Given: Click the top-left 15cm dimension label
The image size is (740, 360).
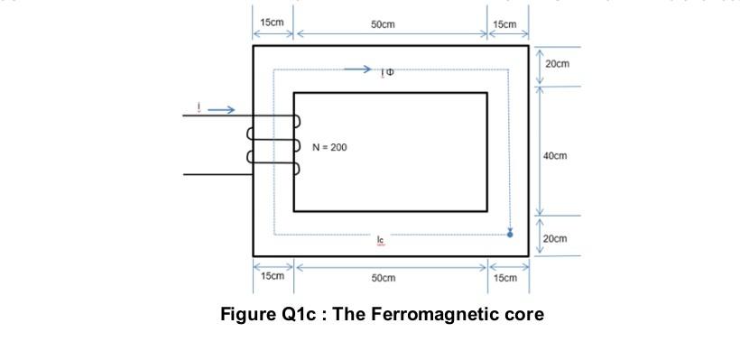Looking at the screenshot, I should coord(272,22).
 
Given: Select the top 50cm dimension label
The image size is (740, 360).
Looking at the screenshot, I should coord(383,23).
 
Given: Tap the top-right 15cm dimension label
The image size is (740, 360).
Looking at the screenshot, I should coord(505,23).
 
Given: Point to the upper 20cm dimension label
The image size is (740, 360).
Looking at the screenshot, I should coord(558,64).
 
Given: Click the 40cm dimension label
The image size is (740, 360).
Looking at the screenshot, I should coord(555,156).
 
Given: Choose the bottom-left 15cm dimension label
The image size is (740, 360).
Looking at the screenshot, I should coord(272,276).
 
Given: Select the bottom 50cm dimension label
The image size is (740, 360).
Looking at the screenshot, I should coord(383,278).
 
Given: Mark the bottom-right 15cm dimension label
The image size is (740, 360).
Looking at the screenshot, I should coord(505,278).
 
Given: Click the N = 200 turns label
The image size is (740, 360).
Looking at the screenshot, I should coord(329,146).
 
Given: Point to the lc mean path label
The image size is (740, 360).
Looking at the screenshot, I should coord(381,240).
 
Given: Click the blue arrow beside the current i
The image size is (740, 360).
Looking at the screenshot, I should coord(224,111).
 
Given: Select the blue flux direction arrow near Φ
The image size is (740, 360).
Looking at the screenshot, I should coord(357,69).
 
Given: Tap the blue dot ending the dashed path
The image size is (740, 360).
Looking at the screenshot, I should coord(510,234).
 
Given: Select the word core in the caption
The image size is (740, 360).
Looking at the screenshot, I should coord(524,315).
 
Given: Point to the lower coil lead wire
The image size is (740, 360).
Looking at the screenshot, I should coord(217,174).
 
